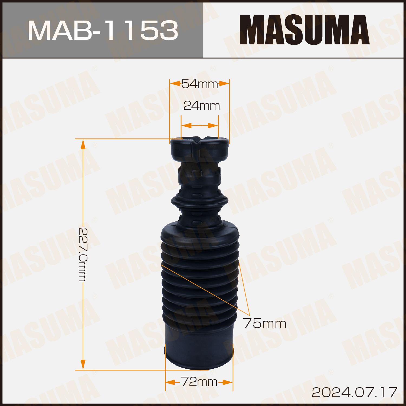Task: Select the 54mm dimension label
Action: pos(200,84)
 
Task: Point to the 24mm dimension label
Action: pos(201,106)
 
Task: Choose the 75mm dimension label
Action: pos(265,323)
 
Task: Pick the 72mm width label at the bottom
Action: pos(199,382)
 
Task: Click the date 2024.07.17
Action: pos(355,392)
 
